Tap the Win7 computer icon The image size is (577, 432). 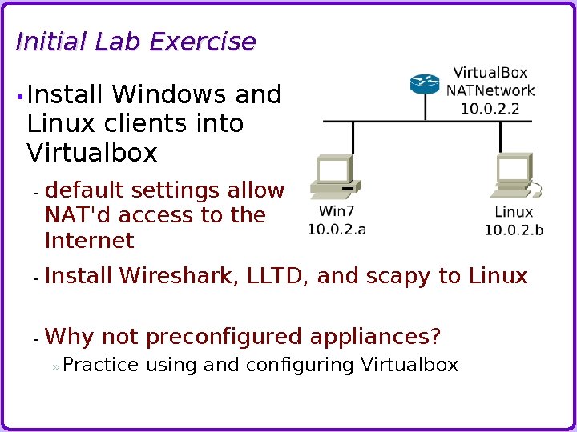point(334,178)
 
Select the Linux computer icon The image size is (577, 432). point(516,178)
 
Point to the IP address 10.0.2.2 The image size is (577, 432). point(490,108)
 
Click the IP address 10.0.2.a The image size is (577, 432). point(337,230)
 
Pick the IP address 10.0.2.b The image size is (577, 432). point(514,230)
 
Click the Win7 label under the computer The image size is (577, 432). point(337,212)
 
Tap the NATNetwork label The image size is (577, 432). point(490,90)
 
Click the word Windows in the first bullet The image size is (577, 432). point(170,95)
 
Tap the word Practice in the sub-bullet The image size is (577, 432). point(100,366)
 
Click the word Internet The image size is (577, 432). point(90,241)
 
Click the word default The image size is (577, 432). point(85,190)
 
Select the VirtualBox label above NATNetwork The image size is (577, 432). point(490,74)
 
